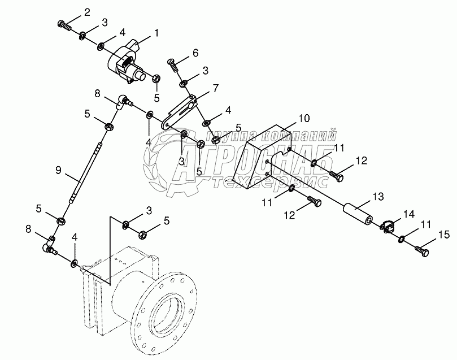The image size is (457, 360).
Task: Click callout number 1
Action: pyautogui.click(x=157, y=33)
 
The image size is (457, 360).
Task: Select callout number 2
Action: pyautogui.click(x=86, y=12)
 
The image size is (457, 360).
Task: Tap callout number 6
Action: pyautogui.click(x=195, y=53)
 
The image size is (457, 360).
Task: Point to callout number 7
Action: pyautogui.click(x=215, y=88)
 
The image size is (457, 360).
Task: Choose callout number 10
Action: pyautogui.click(x=304, y=119)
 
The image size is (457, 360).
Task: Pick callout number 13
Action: pyautogui.click(x=378, y=196)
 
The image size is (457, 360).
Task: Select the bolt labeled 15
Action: pyautogui.click(x=423, y=249)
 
